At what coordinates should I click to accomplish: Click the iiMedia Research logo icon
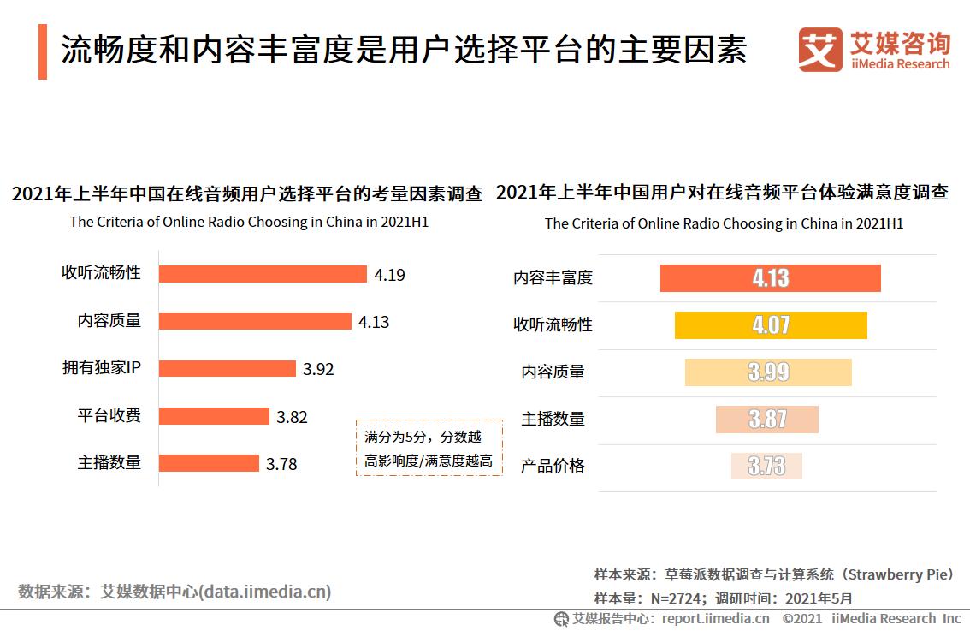(x=820, y=51)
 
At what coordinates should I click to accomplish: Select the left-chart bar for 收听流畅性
(x=263, y=274)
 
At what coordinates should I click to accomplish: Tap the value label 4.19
(x=389, y=275)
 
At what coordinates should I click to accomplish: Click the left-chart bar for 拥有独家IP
(x=228, y=368)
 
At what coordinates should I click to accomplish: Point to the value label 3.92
(x=318, y=369)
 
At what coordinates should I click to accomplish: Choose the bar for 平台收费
(x=215, y=416)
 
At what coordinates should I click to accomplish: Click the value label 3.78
(x=281, y=464)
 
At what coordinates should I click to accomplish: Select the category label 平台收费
(x=109, y=416)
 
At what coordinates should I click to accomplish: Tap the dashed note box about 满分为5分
(x=429, y=448)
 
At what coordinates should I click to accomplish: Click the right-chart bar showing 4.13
(x=770, y=278)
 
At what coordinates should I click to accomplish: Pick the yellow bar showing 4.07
(x=770, y=325)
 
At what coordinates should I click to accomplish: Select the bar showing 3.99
(x=768, y=372)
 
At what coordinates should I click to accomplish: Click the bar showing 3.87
(x=767, y=419)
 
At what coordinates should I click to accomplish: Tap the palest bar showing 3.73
(x=766, y=466)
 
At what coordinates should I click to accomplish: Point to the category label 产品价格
(x=553, y=466)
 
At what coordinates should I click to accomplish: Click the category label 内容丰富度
(x=553, y=278)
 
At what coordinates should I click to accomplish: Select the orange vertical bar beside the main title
(x=43, y=51)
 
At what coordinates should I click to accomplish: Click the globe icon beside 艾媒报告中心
(x=561, y=619)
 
